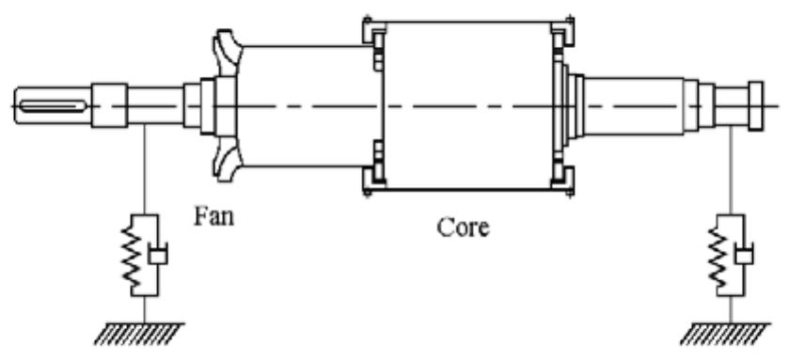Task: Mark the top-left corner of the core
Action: [367, 21]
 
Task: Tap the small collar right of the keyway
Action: [110, 100]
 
